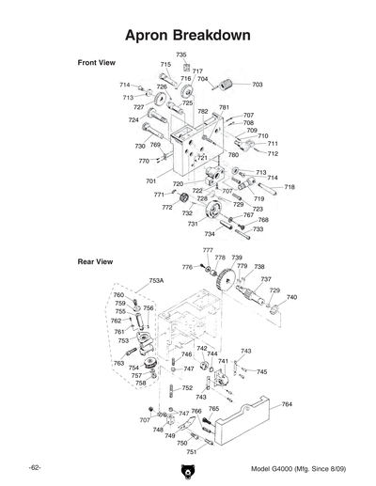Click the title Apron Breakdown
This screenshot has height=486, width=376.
(x=188, y=34)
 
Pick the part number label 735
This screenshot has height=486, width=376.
(x=180, y=55)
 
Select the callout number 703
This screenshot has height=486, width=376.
(x=257, y=85)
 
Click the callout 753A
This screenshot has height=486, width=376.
(x=156, y=280)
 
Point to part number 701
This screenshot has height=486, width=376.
(x=150, y=180)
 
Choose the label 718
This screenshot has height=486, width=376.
(x=290, y=187)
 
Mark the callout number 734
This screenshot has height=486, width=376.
(x=210, y=233)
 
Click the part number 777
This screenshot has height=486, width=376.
(x=208, y=250)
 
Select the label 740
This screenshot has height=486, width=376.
(x=291, y=297)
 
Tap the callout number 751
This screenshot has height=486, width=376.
(x=192, y=451)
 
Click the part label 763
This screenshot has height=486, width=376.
(x=118, y=363)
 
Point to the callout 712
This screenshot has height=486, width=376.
(x=273, y=153)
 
